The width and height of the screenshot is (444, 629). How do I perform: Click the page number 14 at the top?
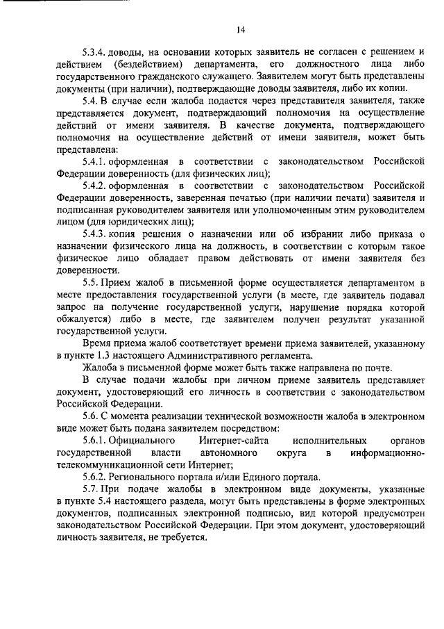coord(240,29)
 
